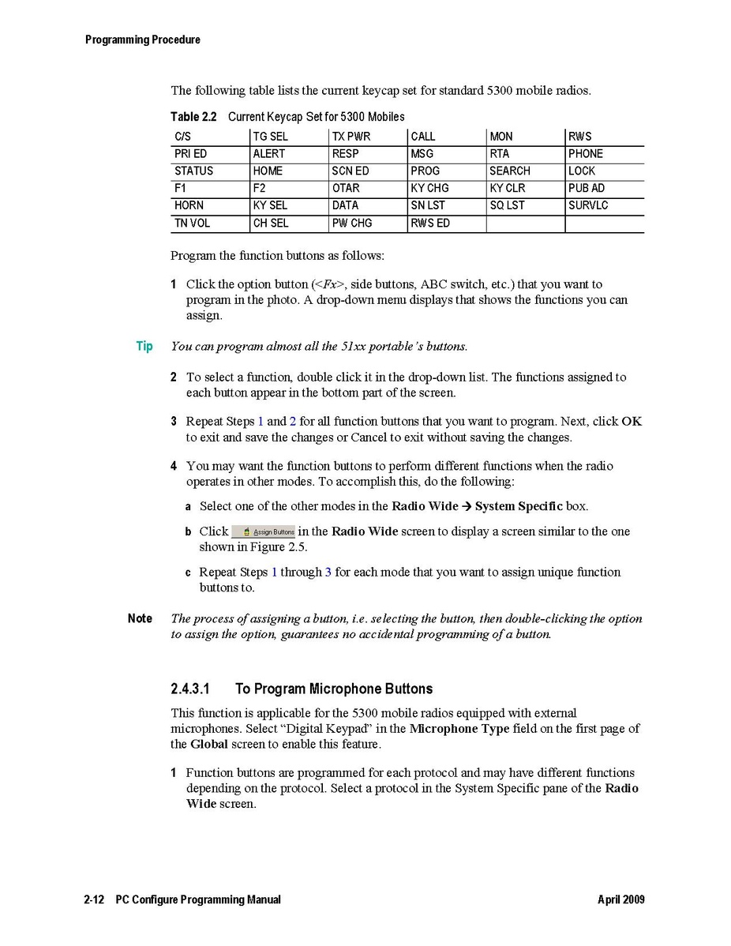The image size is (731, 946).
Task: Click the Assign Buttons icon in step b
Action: tap(263, 531)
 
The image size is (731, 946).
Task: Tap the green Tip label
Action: tap(144, 346)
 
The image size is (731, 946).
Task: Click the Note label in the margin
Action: tap(140, 618)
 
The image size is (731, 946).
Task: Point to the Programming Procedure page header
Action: tap(143, 39)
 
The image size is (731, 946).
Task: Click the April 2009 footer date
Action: tap(621, 899)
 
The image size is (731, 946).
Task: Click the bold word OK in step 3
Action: tap(632, 421)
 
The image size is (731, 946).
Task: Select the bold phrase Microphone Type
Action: tap(459, 728)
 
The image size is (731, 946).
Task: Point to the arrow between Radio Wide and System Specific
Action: tap(467, 506)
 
